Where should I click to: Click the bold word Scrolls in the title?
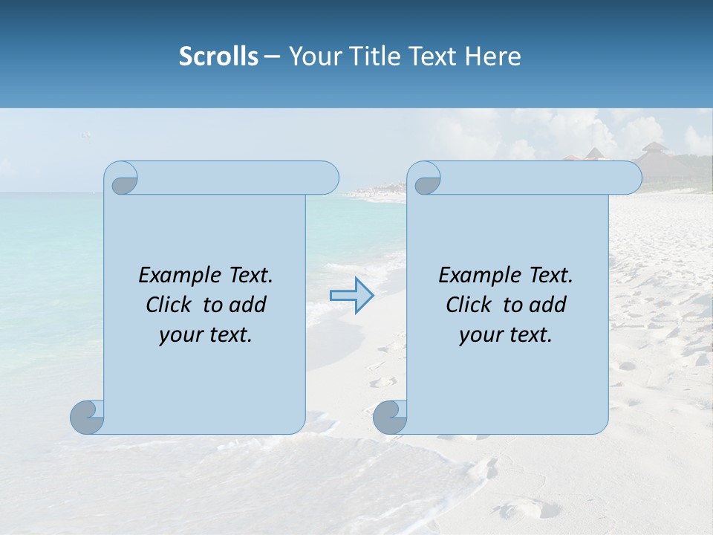tap(218, 56)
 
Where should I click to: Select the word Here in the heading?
tap(492, 56)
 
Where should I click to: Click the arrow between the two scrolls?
tap(352, 295)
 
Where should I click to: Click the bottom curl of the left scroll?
tap(88, 417)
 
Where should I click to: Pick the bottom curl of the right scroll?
tap(390, 417)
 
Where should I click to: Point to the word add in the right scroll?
tap(548, 305)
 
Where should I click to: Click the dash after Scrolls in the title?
tap(272, 57)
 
